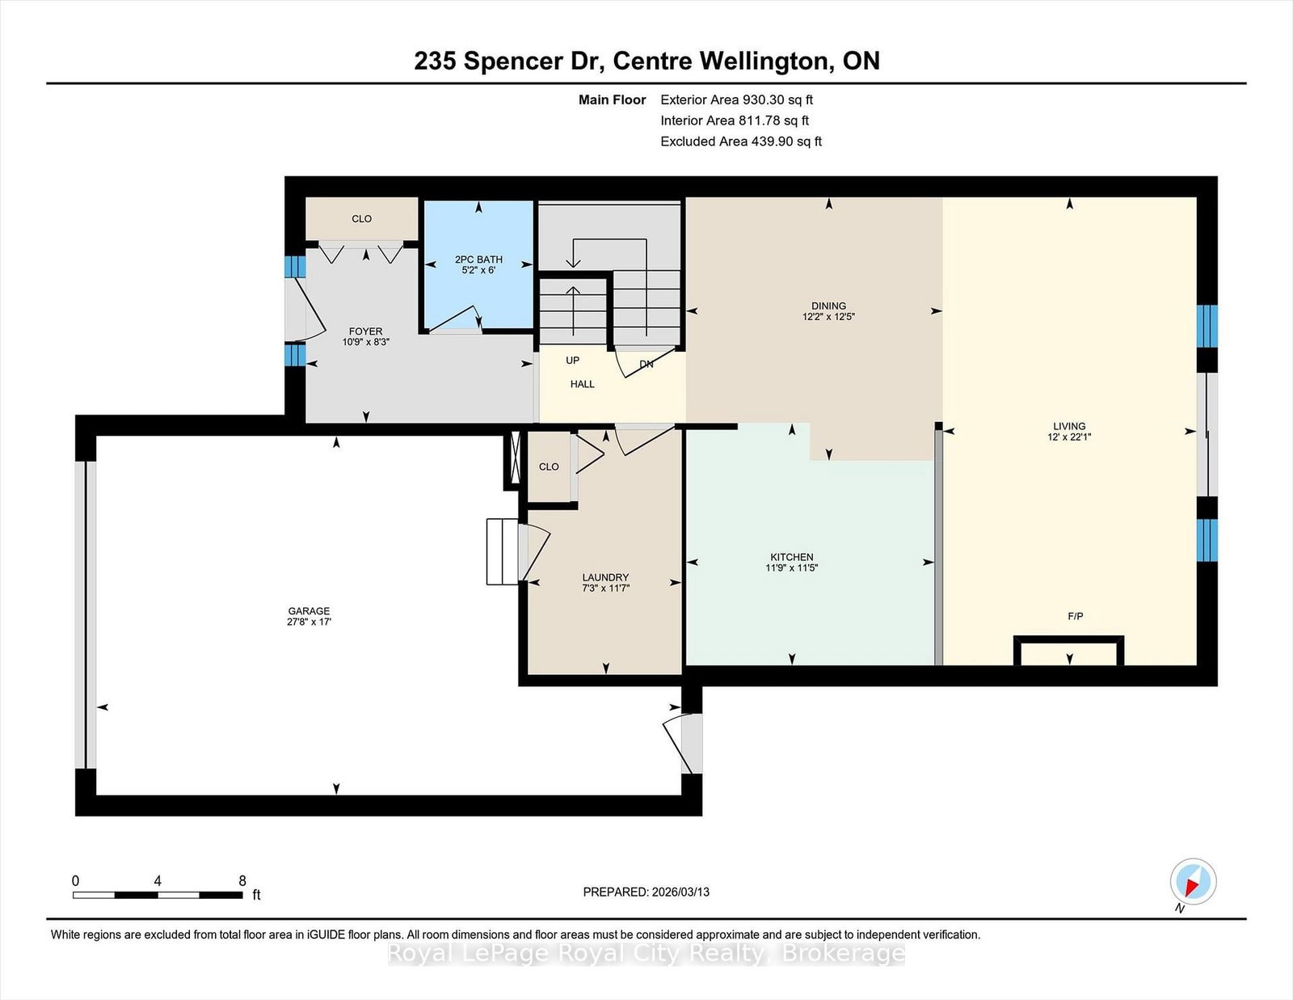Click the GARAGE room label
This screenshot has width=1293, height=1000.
click(308, 610)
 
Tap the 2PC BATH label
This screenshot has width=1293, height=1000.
click(478, 259)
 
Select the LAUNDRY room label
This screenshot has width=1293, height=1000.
click(605, 577)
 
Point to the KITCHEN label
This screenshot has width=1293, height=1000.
click(791, 557)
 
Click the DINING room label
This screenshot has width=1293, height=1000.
click(828, 306)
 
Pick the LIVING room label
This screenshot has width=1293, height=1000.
click(1069, 426)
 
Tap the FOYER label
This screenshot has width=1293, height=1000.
click(365, 331)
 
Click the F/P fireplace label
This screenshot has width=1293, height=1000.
click(1076, 617)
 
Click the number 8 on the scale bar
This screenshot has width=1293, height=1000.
click(242, 881)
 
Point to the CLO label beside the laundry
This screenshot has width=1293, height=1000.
click(549, 466)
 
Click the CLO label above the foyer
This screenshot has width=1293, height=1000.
click(361, 219)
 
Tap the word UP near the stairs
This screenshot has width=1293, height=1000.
click(572, 361)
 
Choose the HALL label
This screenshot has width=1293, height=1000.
click(582, 385)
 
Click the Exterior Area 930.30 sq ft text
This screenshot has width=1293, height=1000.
click(737, 100)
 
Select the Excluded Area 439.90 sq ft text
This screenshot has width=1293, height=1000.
click(741, 141)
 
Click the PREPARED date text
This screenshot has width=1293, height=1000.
click(646, 892)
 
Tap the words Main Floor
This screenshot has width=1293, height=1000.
click(612, 100)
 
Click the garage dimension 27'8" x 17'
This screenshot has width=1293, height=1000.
click(308, 622)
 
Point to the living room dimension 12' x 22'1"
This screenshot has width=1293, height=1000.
click(1069, 437)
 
